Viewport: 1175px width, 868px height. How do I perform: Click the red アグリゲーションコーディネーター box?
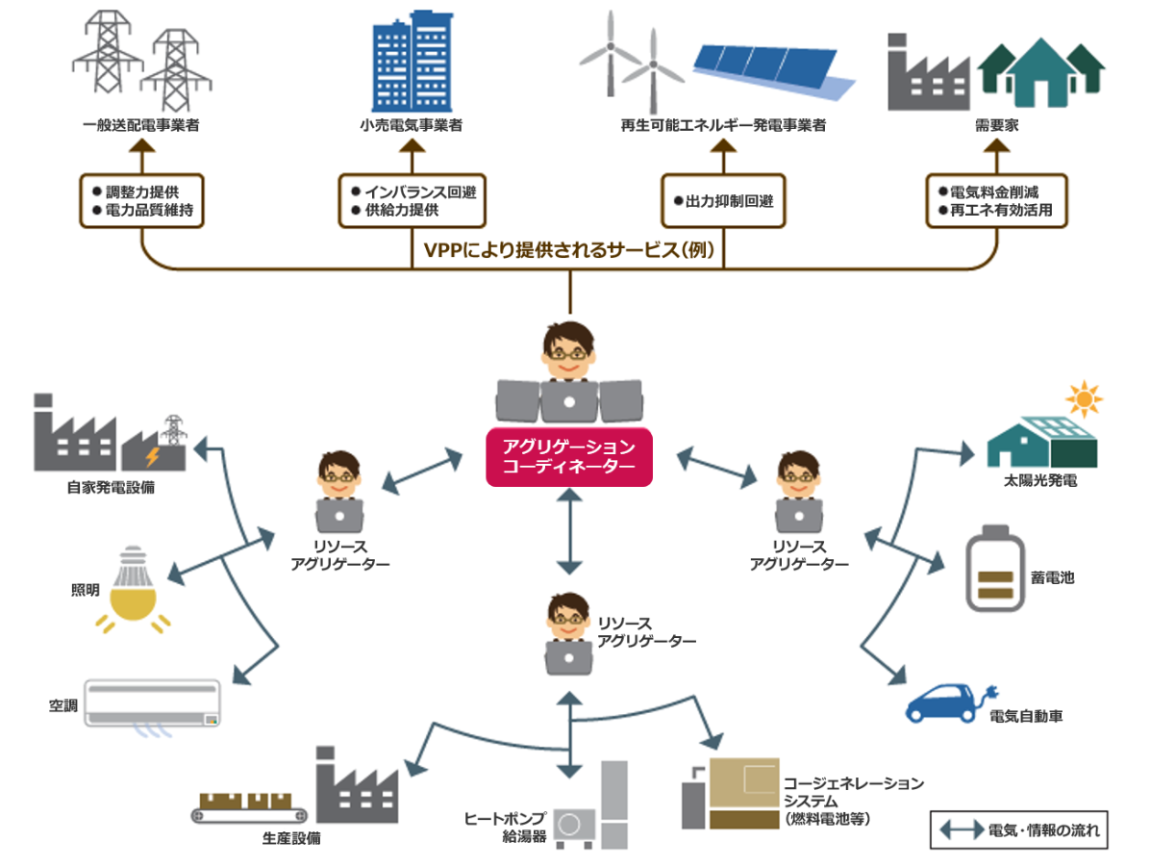pos(568,456)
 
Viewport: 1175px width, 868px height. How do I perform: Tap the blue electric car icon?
pos(948,702)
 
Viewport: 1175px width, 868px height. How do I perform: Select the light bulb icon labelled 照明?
pos(133,589)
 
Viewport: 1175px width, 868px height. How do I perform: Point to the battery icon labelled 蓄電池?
pos(994,568)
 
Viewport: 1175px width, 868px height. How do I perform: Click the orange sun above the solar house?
pos(1084,398)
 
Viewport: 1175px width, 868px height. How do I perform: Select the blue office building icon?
pos(412,61)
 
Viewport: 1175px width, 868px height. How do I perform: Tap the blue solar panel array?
pos(774,71)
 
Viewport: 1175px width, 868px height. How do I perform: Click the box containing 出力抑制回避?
pos(723,201)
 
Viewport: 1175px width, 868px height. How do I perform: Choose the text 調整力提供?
pos(142,191)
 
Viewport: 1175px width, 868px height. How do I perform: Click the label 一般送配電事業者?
pos(141,125)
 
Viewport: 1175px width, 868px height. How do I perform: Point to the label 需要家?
pos(996,125)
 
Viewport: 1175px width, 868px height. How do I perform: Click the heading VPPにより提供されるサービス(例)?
pos(569,250)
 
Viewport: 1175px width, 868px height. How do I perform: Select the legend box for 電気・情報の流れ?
pos(1018,830)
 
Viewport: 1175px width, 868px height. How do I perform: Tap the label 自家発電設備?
pos(111,487)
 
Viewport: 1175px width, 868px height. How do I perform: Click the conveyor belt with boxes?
pos(249,807)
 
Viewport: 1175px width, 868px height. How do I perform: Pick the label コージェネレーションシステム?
pos(854,792)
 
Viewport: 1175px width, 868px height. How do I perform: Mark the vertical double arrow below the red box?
pos(569,531)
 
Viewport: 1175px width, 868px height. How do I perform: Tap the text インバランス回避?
pos(420,191)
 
